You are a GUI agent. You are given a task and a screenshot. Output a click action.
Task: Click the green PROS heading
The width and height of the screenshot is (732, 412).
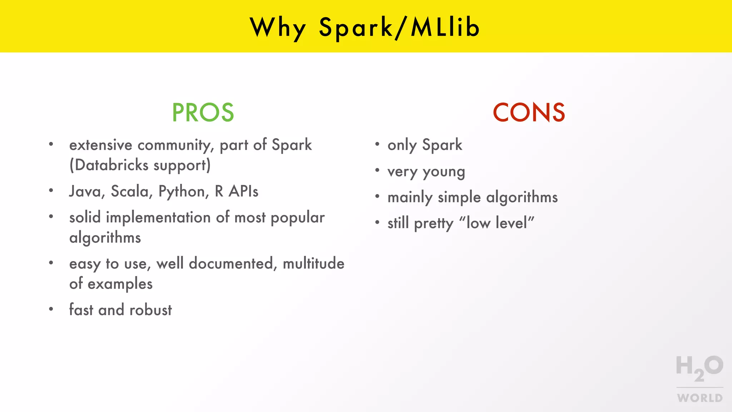click(x=203, y=113)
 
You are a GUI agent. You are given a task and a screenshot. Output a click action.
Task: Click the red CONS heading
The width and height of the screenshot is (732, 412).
click(x=529, y=113)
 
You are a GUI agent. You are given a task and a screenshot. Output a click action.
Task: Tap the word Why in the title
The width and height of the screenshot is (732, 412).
click(x=278, y=28)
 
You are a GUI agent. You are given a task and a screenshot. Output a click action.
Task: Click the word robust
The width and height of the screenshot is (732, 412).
click(x=150, y=310)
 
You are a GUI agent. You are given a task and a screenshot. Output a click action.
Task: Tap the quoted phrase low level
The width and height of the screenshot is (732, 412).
click(x=496, y=223)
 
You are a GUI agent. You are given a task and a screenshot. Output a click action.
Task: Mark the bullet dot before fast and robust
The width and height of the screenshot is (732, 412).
click(x=51, y=309)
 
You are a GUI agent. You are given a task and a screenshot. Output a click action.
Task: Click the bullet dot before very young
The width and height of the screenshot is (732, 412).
click(x=377, y=171)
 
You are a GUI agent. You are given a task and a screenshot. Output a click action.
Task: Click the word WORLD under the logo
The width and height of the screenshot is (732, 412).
click(x=699, y=398)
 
